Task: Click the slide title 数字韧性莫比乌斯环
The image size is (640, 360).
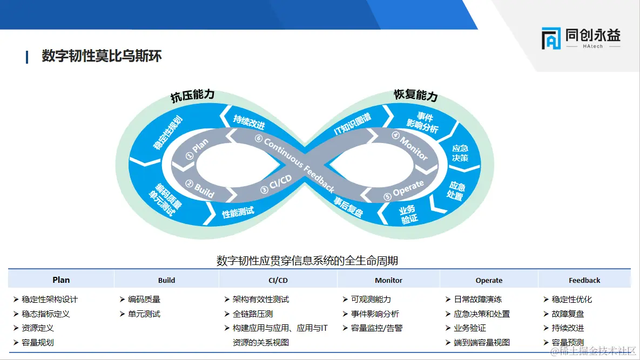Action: (102, 56)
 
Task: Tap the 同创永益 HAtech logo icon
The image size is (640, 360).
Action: (551, 39)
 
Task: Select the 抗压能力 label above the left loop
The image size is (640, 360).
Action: (193, 95)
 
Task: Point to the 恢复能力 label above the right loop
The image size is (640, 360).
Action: (415, 96)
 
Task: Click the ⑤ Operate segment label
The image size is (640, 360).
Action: (404, 189)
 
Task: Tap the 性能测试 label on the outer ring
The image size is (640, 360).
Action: (238, 212)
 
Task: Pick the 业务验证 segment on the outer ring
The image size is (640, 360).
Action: (408, 214)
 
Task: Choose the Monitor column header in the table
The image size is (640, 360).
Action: (388, 280)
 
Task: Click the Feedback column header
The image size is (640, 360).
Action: (584, 280)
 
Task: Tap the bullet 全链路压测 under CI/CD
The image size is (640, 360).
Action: (252, 314)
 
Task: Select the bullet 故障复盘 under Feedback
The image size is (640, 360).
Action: (568, 314)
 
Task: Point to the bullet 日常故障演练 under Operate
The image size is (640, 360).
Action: (477, 299)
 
